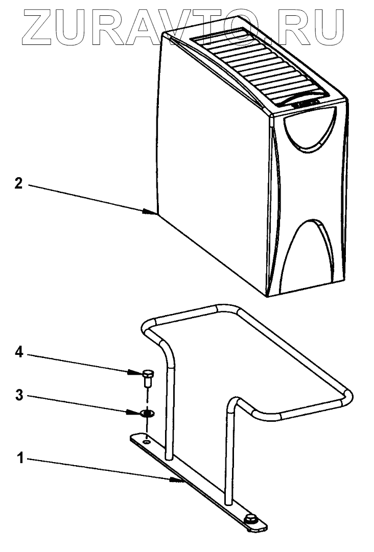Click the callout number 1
pyautogui.click(x=19, y=458)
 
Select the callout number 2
pyautogui.click(x=19, y=183)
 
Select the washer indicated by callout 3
pyautogui.click(x=147, y=412)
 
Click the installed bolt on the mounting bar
pyautogui.click(x=251, y=520)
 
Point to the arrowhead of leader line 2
pyautogui.click(x=151, y=211)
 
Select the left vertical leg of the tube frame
pyautogui.click(x=170, y=403)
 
